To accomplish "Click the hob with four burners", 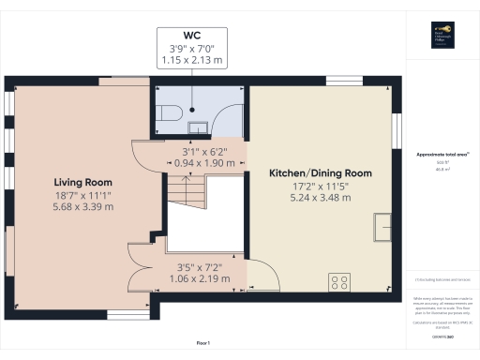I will pos(338,280).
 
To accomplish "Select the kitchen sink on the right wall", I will pos(382,226).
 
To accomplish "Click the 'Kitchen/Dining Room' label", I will pos(321,173).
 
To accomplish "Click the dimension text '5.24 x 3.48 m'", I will pos(321,198).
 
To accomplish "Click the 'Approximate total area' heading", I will pos(442,155).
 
